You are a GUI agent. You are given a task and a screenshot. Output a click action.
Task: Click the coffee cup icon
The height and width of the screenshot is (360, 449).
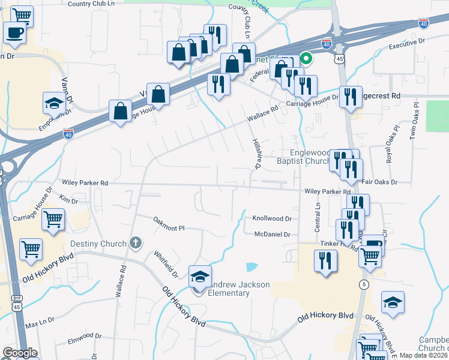tap(15, 32)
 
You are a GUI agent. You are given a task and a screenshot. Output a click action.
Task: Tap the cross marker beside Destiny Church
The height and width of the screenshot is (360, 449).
tap(136, 243)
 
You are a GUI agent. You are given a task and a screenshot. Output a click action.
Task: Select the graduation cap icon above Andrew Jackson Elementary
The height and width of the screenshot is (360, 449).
tap(200, 277)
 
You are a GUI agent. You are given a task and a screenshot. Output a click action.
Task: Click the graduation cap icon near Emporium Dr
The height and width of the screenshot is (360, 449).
tap(54, 103)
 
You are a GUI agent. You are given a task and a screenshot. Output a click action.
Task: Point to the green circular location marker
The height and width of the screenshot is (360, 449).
tap(306, 59)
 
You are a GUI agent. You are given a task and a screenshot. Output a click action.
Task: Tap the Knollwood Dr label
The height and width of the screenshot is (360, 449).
tap(272, 219)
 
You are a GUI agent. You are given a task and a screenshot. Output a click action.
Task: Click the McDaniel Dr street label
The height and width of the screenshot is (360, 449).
tap(272, 234)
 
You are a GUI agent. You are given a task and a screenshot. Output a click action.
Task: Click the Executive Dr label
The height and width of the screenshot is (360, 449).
tap(406, 43)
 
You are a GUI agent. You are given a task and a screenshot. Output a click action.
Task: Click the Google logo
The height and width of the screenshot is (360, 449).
tap(19, 353)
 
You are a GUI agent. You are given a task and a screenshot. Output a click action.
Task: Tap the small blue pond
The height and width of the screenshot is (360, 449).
tap(252, 266)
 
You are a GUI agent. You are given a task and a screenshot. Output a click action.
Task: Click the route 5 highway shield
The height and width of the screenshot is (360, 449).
tap(364, 284)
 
